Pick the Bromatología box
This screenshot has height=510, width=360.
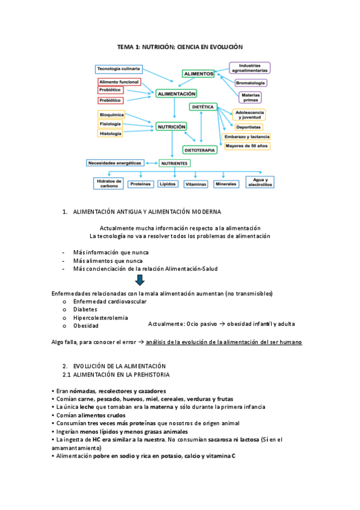[x=251, y=82]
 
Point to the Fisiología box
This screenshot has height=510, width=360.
[x=111, y=123]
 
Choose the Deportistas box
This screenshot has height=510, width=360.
[x=248, y=127]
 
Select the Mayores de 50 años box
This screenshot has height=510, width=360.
[x=247, y=146]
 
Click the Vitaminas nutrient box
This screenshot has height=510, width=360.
[x=196, y=183]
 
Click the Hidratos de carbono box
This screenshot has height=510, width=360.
[x=109, y=183]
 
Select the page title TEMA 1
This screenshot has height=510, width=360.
[x=180, y=46]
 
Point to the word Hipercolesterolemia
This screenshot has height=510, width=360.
[x=100, y=317]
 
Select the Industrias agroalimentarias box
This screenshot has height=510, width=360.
[x=249, y=67]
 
